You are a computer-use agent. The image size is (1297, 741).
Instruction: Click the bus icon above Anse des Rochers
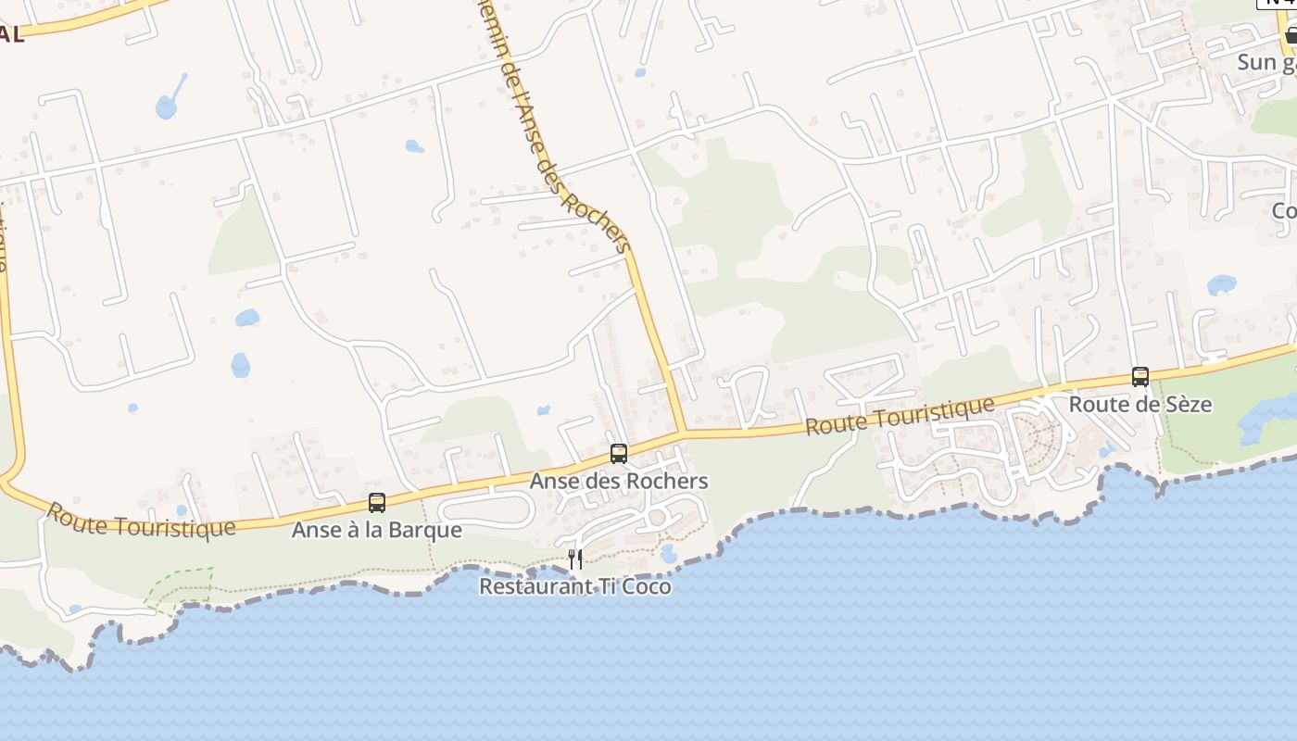[x=618, y=454]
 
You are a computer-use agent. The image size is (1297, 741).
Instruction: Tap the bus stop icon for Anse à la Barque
[x=377, y=503]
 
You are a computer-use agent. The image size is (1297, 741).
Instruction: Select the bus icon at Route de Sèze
[x=1140, y=377]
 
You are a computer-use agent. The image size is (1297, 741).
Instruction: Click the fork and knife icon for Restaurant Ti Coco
[x=575, y=559]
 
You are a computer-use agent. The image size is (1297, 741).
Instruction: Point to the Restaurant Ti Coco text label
[x=574, y=586]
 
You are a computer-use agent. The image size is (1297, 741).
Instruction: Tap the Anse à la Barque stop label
[x=376, y=530]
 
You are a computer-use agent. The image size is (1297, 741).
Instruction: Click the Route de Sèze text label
[x=1140, y=405]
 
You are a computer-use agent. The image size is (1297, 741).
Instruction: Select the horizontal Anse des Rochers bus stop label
[x=618, y=481]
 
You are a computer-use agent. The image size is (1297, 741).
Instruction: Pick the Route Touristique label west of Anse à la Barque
[x=141, y=521]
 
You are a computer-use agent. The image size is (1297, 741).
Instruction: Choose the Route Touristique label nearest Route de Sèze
[x=900, y=416]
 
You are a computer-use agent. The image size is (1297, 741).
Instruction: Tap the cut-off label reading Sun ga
[x=1266, y=62]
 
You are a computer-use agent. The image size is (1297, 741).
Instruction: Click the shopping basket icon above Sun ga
[x=1291, y=35]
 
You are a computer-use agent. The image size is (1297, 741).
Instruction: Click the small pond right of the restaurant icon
[x=668, y=554]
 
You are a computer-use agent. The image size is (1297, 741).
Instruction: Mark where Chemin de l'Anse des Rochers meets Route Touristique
[x=683, y=432]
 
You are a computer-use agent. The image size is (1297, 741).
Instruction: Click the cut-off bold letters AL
[x=12, y=35]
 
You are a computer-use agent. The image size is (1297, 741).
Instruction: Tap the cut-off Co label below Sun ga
[x=1284, y=211]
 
